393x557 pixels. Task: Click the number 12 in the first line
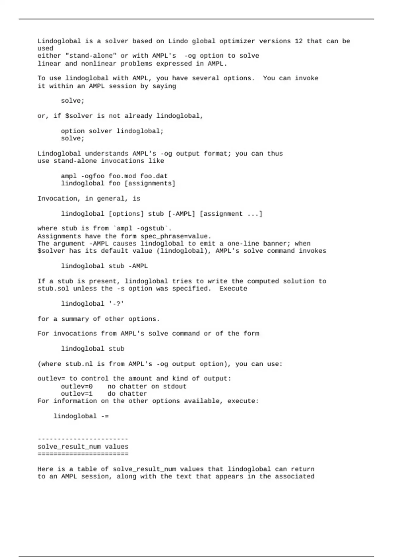[x=298, y=41]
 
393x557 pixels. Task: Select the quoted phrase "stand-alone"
[x=91, y=56]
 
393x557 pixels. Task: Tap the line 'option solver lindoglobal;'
[x=112, y=131]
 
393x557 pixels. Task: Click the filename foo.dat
[x=154, y=176]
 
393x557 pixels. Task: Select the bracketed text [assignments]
[x=150, y=183]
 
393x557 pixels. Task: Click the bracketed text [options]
[x=126, y=214]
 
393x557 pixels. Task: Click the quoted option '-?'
[x=116, y=304]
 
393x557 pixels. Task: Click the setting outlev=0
[x=77, y=386]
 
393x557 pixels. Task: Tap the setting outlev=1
[x=77, y=394]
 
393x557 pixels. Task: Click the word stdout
[x=175, y=386]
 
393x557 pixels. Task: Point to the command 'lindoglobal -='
[x=81, y=416]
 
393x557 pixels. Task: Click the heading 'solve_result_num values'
[x=83, y=447]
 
